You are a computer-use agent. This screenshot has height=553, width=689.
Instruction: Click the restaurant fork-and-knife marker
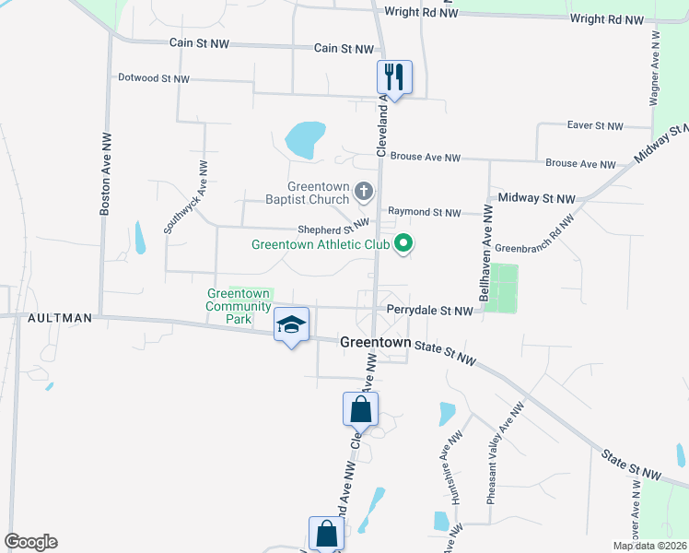click(394, 77)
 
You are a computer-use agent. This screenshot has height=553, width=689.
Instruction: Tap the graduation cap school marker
click(291, 324)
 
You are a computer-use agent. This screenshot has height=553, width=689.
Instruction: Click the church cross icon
click(364, 192)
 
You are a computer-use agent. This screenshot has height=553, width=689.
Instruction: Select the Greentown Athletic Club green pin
click(403, 244)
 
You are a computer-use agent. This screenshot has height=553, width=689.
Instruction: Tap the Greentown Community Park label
click(229, 306)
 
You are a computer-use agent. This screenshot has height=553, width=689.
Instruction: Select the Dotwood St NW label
click(154, 79)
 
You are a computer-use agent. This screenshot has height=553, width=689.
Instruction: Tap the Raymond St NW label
click(424, 213)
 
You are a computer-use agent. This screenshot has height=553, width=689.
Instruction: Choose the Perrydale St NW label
click(430, 311)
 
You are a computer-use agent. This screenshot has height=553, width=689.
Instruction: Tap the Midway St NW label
click(536, 198)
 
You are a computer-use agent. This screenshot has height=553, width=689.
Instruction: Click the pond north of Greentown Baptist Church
click(305, 140)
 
